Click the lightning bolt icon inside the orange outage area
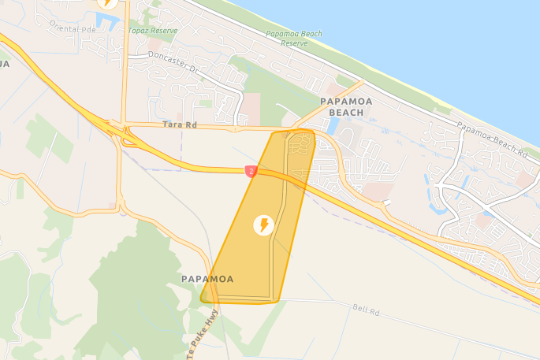point(264,225)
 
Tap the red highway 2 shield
point(251,170)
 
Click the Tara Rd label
point(179,124)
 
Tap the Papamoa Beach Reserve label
point(294,39)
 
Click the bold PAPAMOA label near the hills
point(207,279)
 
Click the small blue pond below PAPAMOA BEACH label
point(333,125)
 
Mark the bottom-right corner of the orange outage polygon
point(276,301)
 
